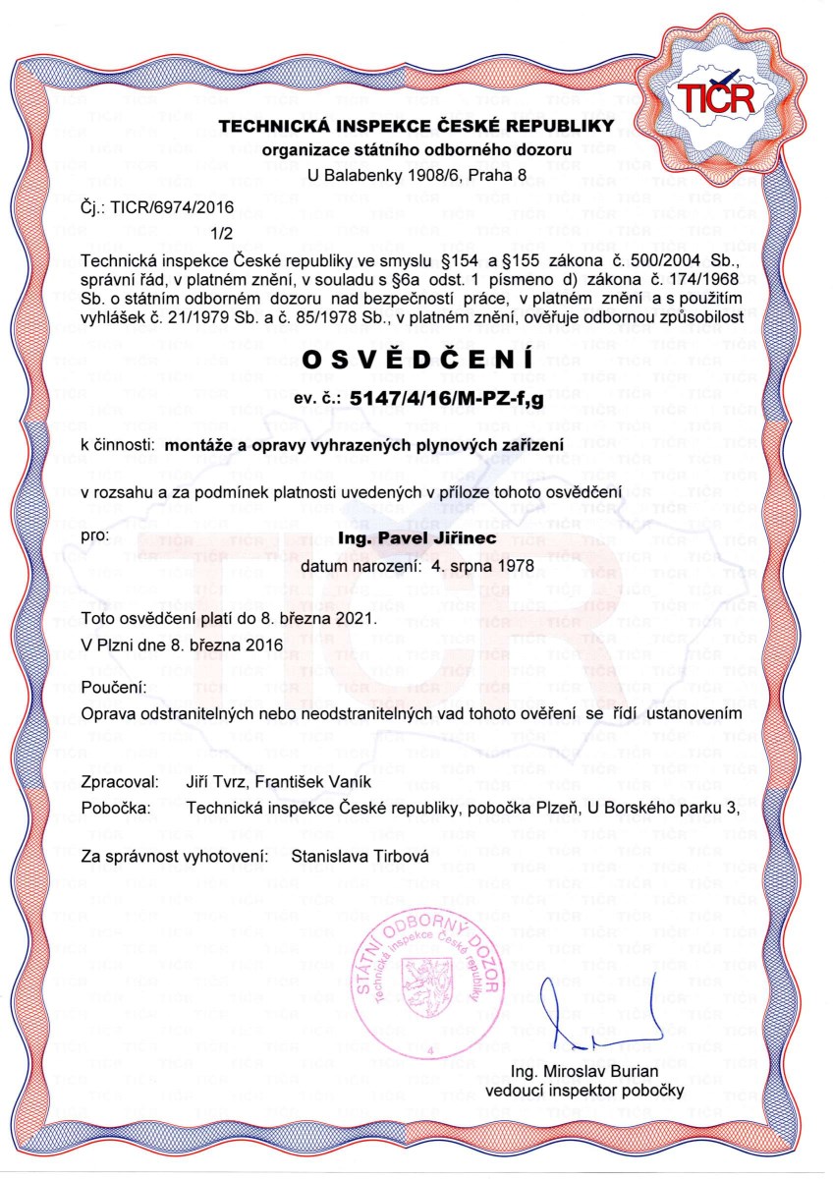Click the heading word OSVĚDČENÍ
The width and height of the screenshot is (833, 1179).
click(417, 361)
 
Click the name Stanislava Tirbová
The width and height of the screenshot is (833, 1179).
click(361, 857)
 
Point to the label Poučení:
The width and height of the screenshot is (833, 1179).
click(115, 686)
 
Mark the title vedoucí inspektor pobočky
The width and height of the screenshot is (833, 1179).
click(584, 1090)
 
